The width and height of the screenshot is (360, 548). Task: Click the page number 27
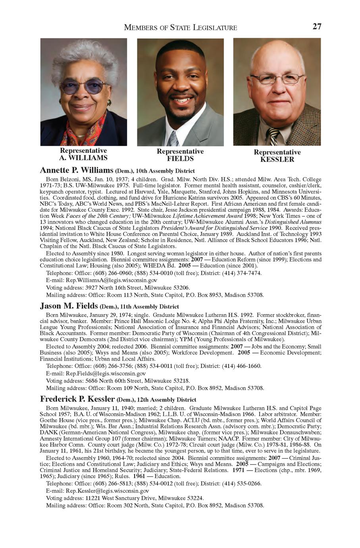(x=316, y=27)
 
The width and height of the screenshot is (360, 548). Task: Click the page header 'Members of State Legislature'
(x=181, y=27)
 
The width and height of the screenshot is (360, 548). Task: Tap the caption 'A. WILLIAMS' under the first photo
(x=83, y=158)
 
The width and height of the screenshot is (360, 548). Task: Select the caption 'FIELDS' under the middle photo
(x=180, y=159)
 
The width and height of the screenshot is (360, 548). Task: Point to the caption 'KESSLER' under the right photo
(x=277, y=160)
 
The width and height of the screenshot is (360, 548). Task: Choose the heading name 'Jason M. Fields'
(x=69, y=306)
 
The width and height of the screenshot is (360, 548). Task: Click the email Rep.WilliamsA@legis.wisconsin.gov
(x=106, y=280)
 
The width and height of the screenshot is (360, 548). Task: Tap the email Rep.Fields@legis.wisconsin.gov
(x=106, y=374)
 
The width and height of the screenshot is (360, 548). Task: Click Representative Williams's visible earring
(x=109, y=103)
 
